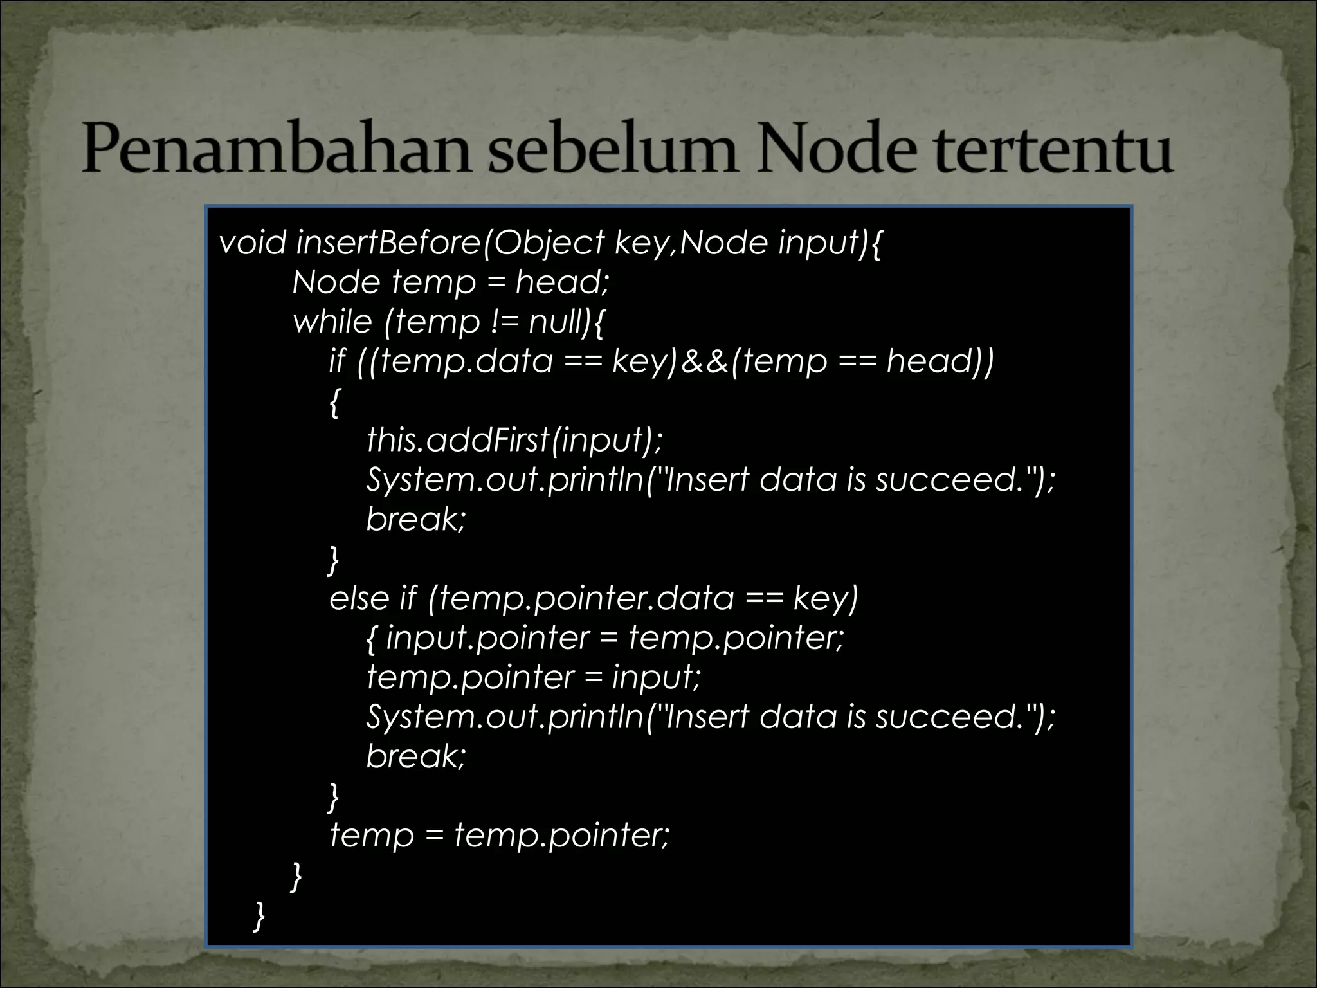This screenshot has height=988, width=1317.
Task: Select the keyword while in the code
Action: tap(332, 322)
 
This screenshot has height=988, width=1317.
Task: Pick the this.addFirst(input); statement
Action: tap(514, 440)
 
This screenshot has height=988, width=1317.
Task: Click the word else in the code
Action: tap(359, 598)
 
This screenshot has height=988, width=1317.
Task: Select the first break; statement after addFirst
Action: tap(415, 518)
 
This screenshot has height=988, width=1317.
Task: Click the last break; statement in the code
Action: tap(415, 756)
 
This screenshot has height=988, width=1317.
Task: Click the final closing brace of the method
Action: tap(259, 916)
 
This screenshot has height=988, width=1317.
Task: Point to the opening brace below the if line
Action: tap(333, 403)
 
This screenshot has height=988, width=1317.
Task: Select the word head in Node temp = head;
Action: tap(561, 282)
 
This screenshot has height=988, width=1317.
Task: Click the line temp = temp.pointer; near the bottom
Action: tap(500, 836)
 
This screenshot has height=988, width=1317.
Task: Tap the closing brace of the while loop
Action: tap(296, 877)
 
